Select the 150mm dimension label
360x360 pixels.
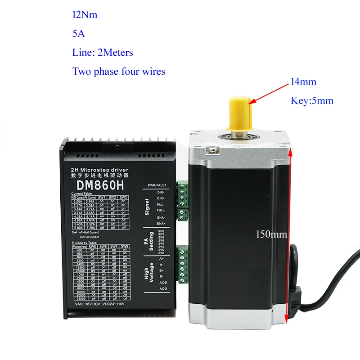(271, 234)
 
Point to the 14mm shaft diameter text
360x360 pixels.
(303, 82)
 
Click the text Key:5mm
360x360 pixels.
(312, 101)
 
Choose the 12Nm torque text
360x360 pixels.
(85, 15)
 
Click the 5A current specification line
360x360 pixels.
(78, 34)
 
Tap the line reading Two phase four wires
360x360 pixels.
(119, 72)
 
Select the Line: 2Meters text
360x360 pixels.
(103, 53)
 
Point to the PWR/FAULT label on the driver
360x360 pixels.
(157, 185)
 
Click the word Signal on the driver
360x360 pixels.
(147, 207)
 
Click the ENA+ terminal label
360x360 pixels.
(161, 223)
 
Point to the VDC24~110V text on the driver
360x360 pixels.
(117, 303)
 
